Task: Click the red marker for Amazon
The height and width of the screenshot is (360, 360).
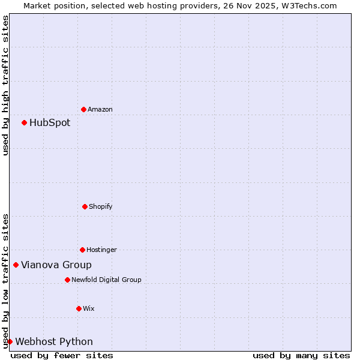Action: [x=83, y=109]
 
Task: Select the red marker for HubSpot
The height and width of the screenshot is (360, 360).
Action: [x=24, y=122]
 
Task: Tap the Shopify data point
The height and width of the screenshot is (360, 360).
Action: [x=85, y=206]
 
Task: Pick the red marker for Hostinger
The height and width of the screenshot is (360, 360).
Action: [x=82, y=250]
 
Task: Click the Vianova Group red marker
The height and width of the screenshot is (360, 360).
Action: [x=16, y=265]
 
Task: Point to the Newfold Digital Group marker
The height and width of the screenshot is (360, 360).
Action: [x=67, y=280]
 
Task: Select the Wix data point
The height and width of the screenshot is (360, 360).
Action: [x=79, y=308]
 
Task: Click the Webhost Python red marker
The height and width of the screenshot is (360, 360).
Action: [x=10, y=341]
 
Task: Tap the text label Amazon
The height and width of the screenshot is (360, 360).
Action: [x=100, y=109]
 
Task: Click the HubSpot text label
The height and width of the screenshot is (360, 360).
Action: [x=50, y=122]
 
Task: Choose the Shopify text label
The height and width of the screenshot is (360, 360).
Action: [x=101, y=206]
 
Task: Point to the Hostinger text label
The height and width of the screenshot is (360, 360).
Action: [x=101, y=250]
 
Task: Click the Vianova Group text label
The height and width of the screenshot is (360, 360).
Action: [x=56, y=265]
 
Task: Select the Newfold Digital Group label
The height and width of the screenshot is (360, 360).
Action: [x=106, y=280]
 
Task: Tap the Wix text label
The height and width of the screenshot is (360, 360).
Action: [x=89, y=308]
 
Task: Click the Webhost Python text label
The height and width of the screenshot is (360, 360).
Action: [x=54, y=341]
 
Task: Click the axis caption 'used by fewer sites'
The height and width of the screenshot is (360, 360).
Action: [x=62, y=355]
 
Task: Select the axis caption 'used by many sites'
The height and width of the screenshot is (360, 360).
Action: [x=301, y=355]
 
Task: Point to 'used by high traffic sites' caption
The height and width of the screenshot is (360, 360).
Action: [x=5, y=85]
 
